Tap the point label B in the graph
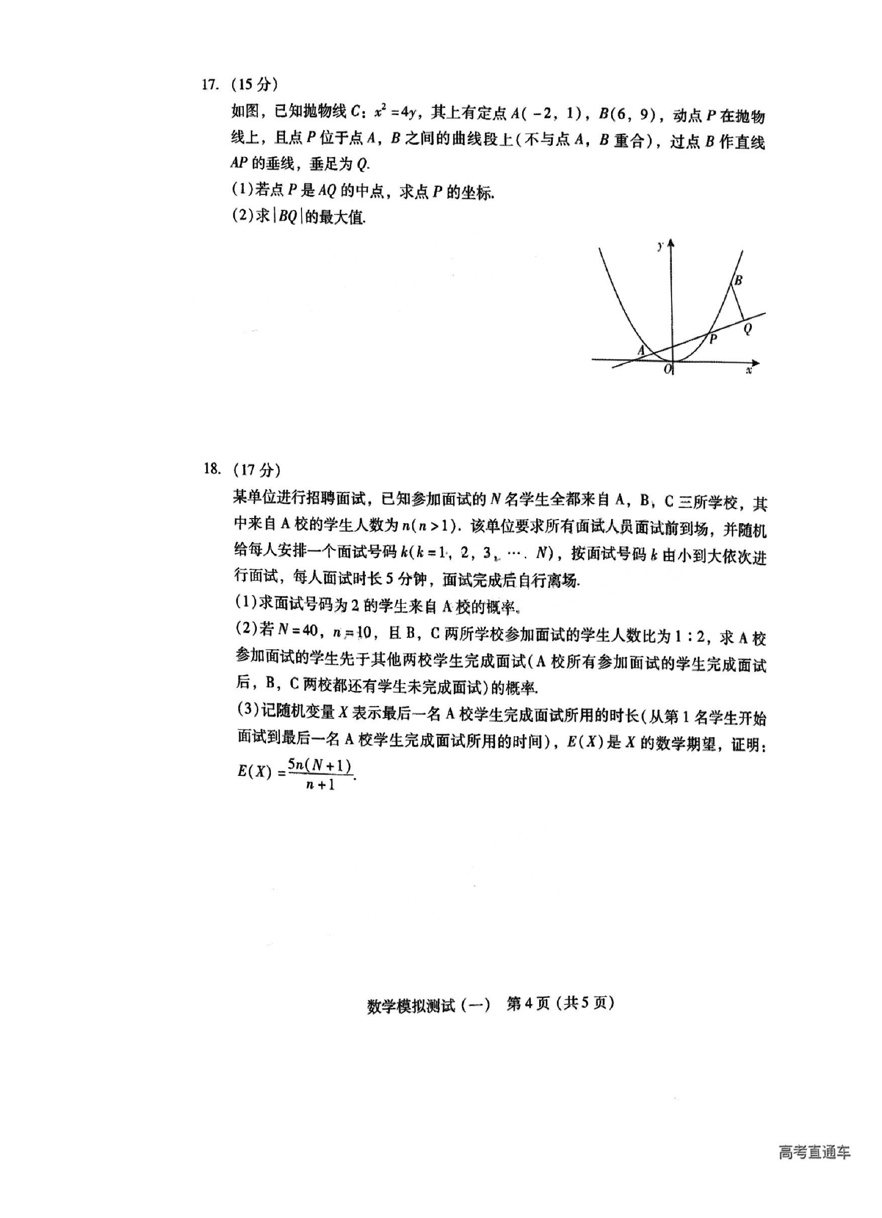738,280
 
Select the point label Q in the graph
747,328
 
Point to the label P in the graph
713,339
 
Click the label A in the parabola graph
640,350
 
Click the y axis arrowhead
671,244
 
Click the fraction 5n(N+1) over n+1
320,774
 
